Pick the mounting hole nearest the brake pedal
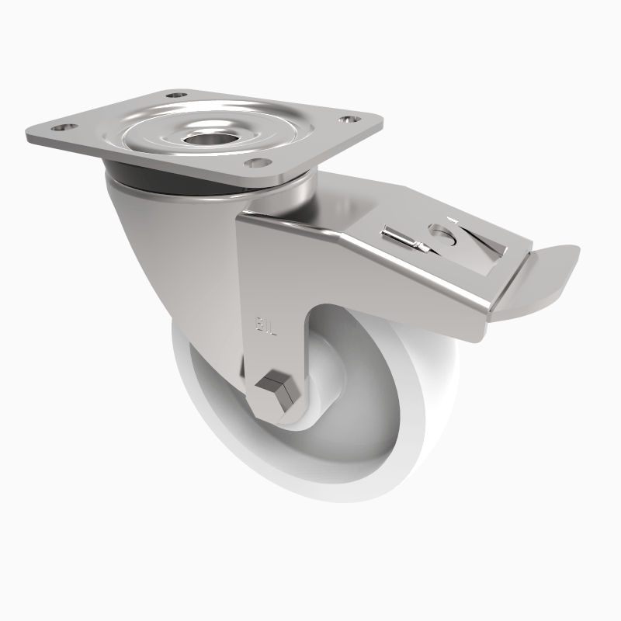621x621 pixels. pos(349,120)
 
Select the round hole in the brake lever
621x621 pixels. pos(439,233)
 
